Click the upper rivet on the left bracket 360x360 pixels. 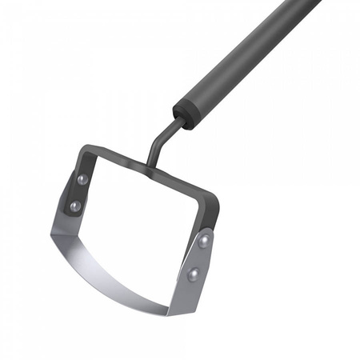click(83, 179)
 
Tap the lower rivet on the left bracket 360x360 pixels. click(75, 206)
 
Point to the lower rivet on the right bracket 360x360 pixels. click(192, 274)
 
